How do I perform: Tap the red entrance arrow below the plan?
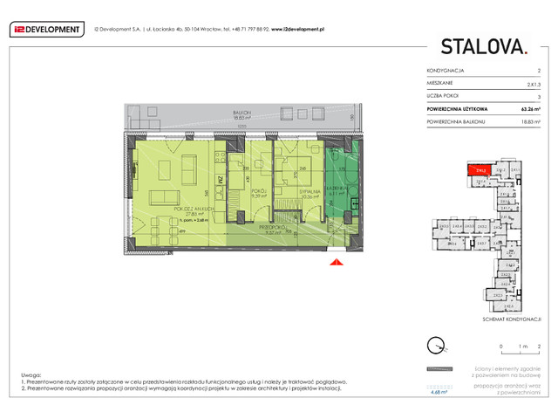pos(334,259)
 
